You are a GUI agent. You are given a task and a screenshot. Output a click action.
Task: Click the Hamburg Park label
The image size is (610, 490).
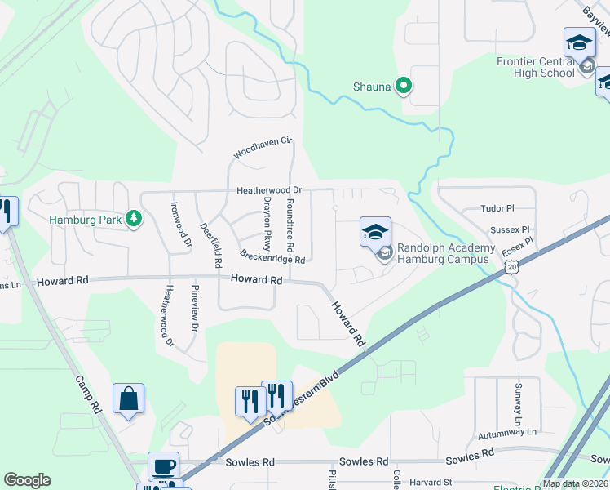(x=85, y=220)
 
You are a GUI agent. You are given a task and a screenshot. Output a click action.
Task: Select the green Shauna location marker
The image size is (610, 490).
(x=403, y=85)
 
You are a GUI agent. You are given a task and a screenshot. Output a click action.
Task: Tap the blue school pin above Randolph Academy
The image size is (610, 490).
(x=376, y=232)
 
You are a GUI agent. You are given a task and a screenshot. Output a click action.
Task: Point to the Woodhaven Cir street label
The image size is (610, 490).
(x=262, y=147)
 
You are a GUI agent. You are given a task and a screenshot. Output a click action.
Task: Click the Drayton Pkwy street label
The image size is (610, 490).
(x=266, y=223)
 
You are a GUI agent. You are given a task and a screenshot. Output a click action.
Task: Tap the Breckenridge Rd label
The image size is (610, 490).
(x=272, y=256)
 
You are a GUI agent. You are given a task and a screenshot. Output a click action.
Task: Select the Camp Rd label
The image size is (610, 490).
(x=89, y=393)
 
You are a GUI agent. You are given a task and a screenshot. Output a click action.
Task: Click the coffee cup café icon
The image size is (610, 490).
(x=163, y=465)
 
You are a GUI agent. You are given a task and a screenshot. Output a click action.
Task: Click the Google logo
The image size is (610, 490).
(x=27, y=480)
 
